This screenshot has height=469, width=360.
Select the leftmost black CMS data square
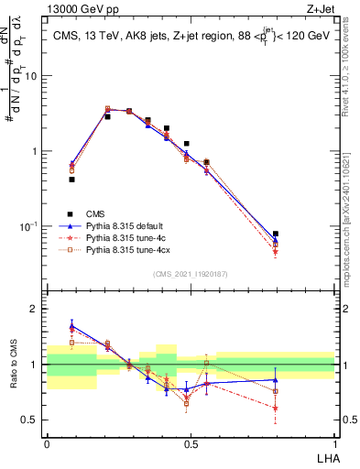point(72,180)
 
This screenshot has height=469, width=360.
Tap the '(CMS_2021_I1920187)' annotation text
point(190,274)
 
